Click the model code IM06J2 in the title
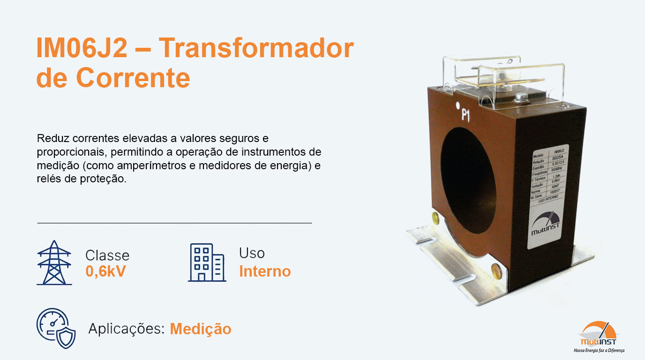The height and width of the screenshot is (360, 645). click(x=82, y=49)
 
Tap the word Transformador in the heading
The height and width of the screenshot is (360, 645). click(x=256, y=49)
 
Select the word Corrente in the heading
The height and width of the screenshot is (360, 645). click(x=133, y=78)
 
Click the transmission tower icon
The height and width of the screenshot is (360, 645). click(x=54, y=262)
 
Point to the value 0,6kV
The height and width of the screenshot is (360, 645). click(x=105, y=271)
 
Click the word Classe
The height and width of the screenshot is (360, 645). click(x=107, y=255)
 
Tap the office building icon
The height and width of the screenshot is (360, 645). click(x=207, y=262)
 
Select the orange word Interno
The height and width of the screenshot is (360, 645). click(x=265, y=271)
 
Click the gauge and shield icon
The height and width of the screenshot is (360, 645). click(x=56, y=328)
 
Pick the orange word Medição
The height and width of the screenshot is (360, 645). click(x=200, y=329)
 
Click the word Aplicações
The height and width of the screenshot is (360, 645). click(x=126, y=329)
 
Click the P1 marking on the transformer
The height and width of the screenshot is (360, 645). click(x=465, y=115)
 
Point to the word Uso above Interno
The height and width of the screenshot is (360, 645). click(x=252, y=253)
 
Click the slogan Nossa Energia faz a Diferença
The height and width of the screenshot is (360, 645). click(x=599, y=350)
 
